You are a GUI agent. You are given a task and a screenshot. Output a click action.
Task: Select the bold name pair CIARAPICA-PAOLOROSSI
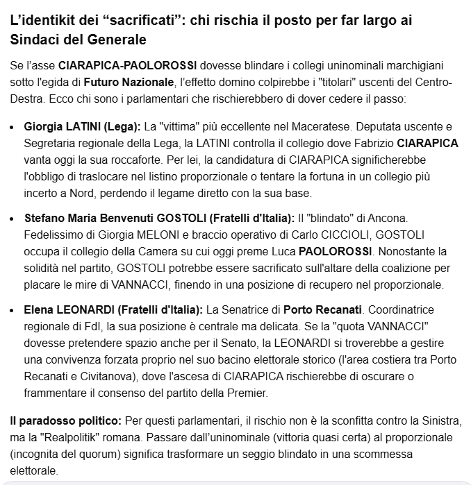tap(128, 66)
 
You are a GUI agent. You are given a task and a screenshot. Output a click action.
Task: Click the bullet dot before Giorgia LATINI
tap(16, 128)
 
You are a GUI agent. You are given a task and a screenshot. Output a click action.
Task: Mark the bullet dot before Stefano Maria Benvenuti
tap(16, 219)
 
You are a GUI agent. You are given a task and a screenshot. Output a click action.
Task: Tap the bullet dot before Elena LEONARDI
tap(16, 309)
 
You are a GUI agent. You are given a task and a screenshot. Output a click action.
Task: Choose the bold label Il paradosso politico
tap(66, 422)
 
